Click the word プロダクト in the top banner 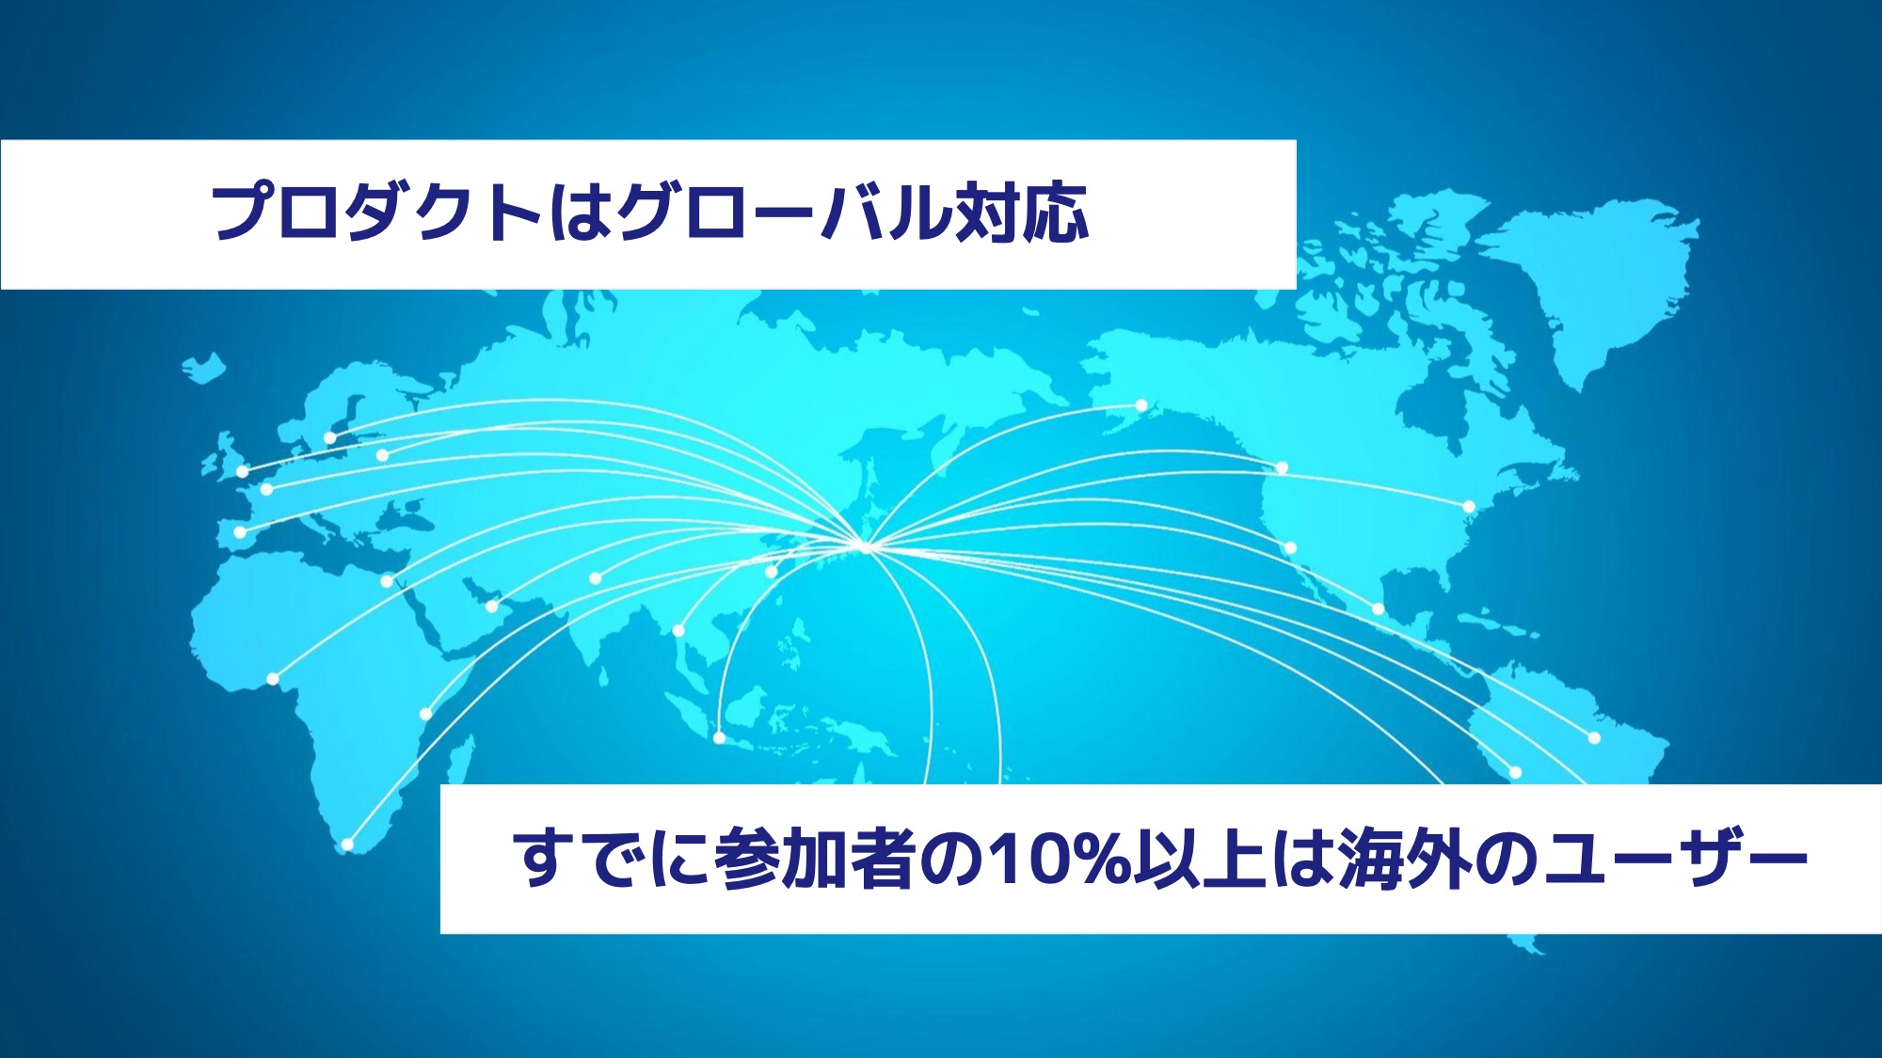pos(375,213)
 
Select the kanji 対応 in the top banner pos(1022,213)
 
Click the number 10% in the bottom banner pos(1060,859)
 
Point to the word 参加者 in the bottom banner pos(815,859)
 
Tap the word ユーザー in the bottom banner pos(1676,859)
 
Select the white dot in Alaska pos(1141,406)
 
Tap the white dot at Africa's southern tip pos(347,845)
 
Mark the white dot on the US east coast pos(1468,507)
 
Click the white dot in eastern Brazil pos(1594,738)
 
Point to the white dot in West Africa pos(273,679)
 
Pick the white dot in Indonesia pos(719,738)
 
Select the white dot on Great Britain pos(242,471)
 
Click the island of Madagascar pos(459,766)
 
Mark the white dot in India pos(595,578)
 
